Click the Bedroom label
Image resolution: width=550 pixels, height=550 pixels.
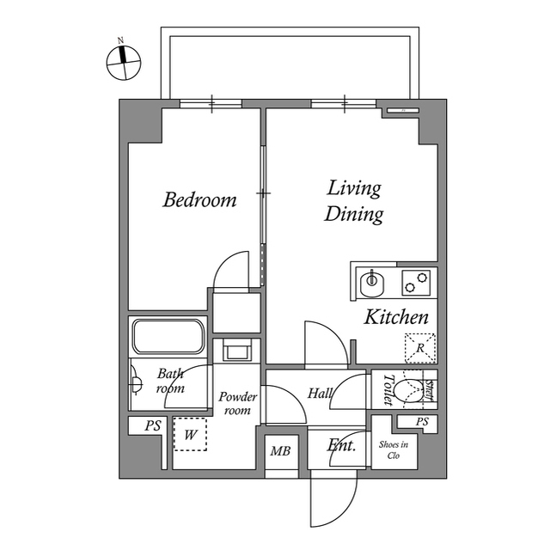pos(199,199)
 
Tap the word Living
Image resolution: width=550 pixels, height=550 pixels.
pos(354,189)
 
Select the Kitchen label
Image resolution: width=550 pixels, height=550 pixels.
pos(396,317)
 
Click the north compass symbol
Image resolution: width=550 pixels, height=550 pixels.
pos(124,62)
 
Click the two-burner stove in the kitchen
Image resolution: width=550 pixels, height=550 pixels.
pos(416,283)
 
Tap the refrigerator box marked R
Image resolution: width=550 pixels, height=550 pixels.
pos(420,348)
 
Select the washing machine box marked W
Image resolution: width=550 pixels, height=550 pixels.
pos(190,434)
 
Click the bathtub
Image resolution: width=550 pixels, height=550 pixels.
pos(168,336)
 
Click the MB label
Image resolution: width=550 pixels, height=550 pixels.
pos(280,450)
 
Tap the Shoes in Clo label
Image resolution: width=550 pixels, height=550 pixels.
pos(394,449)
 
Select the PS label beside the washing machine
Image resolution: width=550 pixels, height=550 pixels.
pos(153,425)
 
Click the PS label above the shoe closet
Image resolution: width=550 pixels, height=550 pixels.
pos(422,421)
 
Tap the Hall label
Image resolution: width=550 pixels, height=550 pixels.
pos(320,394)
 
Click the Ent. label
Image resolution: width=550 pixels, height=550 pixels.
pos(342,445)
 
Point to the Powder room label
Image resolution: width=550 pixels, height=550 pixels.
pos(237,403)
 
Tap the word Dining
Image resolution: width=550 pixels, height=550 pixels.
pos(353,215)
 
